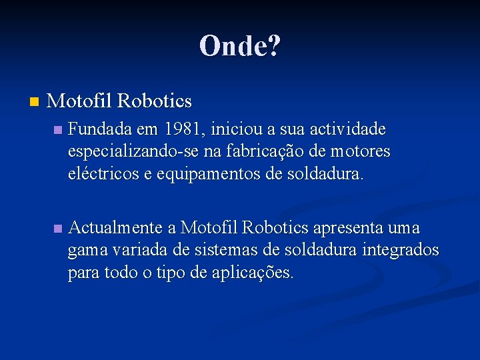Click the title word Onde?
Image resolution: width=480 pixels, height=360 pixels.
click(x=240, y=46)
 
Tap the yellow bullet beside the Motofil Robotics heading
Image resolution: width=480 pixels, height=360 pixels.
click(x=35, y=102)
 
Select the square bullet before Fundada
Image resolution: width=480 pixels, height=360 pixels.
click(x=58, y=129)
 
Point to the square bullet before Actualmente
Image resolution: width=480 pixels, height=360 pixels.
click(x=58, y=229)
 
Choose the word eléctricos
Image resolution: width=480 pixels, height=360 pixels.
click(x=101, y=175)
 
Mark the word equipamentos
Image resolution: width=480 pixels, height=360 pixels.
click(x=196, y=175)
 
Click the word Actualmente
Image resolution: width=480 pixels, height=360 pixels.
click(x=115, y=228)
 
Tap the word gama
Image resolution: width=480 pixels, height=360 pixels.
click(x=85, y=251)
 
